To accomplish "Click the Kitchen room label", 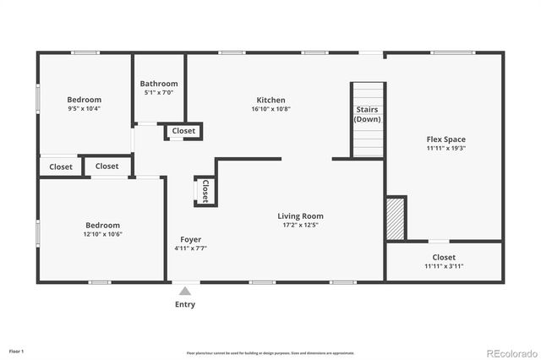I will click(x=270, y=100).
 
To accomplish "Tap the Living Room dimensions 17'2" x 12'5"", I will click(x=301, y=226).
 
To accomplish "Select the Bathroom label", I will click(x=159, y=84).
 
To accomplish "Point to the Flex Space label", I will click(x=445, y=139).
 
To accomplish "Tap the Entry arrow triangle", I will click(x=184, y=291).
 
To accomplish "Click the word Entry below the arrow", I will click(x=184, y=304).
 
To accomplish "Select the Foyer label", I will click(x=190, y=239).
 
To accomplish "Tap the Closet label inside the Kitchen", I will click(x=183, y=131).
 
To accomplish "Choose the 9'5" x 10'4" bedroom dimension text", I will click(x=85, y=109).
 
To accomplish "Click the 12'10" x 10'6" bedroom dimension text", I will click(x=104, y=234).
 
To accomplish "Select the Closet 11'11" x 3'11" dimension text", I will click(x=444, y=266).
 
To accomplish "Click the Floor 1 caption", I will click(x=16, y=350).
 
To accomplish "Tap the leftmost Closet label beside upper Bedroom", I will click(x=61, y=167).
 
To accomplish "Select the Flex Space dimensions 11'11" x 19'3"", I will click(x=445, y=149).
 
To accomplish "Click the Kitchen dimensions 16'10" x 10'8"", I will click(x=270, y=109).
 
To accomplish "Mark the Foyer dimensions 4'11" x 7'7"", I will click(x=190, y=248).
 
